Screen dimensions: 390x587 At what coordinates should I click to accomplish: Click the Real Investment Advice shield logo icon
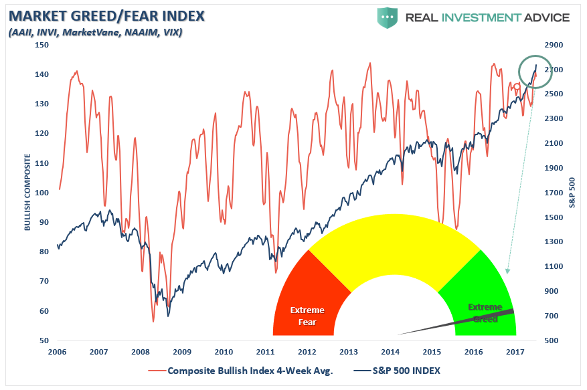point(387,17)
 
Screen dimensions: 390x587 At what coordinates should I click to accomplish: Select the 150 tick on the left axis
point(41,45)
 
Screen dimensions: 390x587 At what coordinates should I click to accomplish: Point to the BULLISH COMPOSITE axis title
point(27,193)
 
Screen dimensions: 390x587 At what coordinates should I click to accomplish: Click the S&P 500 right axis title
point(573,193)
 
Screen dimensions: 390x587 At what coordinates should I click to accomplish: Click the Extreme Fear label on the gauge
point(307,316)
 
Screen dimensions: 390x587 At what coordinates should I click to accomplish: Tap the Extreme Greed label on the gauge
point(484,312)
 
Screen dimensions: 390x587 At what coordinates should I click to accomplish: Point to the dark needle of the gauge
point(462,322)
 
